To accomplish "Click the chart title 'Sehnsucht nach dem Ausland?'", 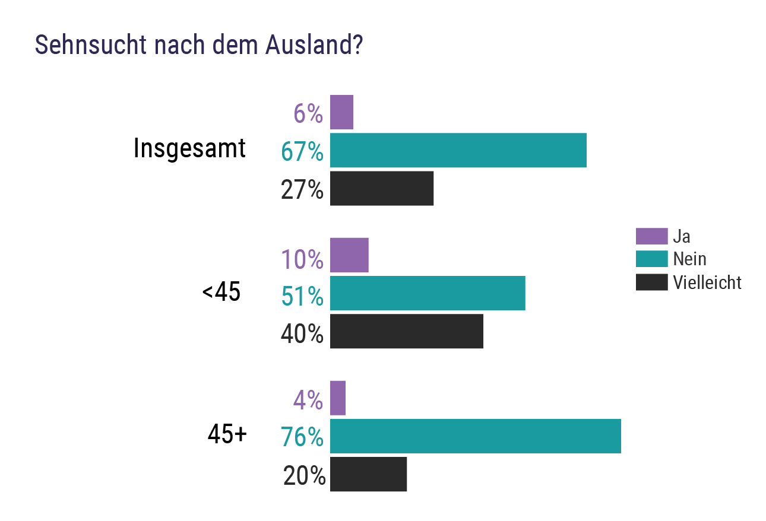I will [199, 45].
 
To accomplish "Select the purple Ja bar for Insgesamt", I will [341, 112].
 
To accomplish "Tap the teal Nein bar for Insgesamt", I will [458, 151].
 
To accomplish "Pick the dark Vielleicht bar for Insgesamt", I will [382, 189].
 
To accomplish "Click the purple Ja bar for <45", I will [349, 255].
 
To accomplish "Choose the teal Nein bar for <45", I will [428, 293].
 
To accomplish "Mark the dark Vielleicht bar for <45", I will [406, 331].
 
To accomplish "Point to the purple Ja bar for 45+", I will [337, 398].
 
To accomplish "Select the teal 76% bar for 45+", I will [475, 436].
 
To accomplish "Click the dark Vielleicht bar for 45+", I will [368, 474].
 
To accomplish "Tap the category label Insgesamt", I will [189, 148].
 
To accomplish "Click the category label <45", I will [221, 293].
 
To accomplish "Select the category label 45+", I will [227, 435].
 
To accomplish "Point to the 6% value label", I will [308, 113].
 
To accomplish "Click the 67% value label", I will [302, 152].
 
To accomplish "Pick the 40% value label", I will [302, 334].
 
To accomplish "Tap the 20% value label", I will [304, 476].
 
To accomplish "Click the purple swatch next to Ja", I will [651, 236].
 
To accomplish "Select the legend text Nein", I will [689, 259].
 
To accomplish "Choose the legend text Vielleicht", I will [707, 282].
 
